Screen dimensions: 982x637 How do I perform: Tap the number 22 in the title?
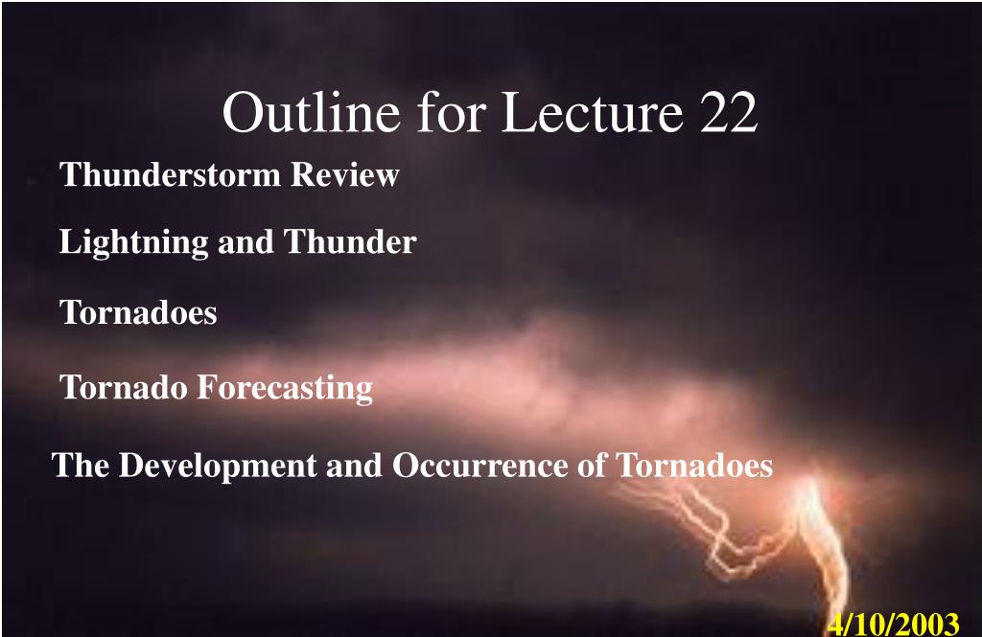coord(729,112)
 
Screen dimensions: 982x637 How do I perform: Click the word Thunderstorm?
coord(170,174)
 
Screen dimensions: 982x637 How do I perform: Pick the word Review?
coord(345,174)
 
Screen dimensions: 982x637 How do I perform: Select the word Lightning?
coord(133,242)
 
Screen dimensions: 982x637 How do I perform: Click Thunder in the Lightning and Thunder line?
coord(350,241)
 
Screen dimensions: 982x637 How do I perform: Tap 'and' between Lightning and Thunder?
coord(245,242)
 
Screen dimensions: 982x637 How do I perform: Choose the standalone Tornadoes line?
coord(138,312)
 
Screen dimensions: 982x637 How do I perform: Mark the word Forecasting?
coord(286,388)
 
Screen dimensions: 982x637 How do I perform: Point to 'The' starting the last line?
coord(81,465)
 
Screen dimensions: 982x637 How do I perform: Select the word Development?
coord(218,466)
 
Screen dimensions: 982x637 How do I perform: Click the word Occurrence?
coord(499,466)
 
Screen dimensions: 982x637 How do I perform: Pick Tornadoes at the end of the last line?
coord(694,466)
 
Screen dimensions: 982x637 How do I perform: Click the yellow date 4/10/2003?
coord(894,624)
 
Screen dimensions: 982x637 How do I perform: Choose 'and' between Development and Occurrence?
coord(355,466)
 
